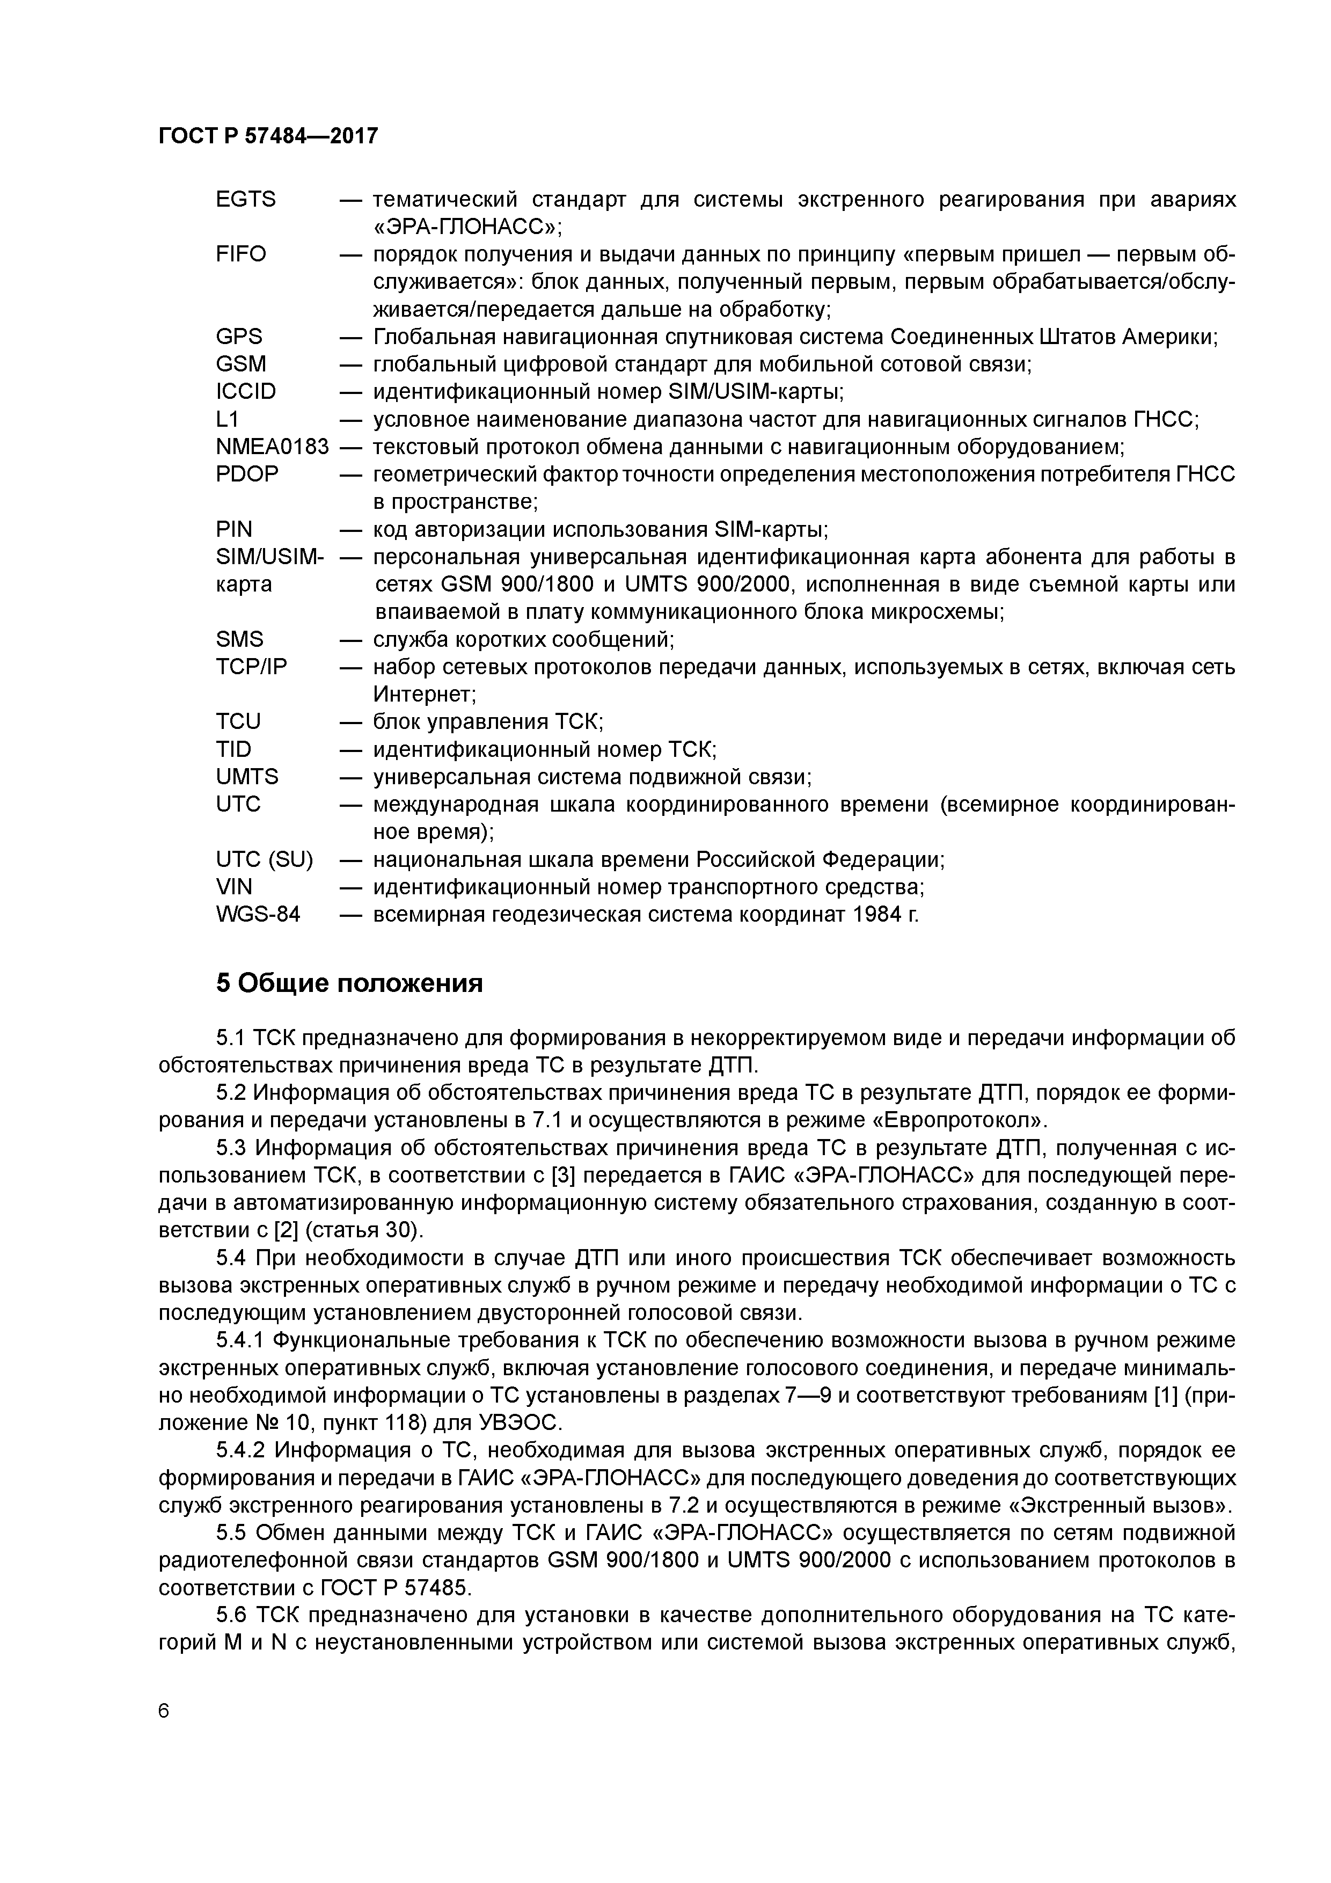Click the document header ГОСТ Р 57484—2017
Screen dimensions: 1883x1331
click(x=268, y=136)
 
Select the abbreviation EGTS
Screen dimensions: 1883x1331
click(x=245, y=199)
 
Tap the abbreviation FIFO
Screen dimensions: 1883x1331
click(x=240, y=254)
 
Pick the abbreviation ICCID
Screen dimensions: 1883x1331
click(x=245, y=392)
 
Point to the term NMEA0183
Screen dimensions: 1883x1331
click(x=272, y=447)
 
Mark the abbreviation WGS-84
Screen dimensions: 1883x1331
click(x=258, y=915)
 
